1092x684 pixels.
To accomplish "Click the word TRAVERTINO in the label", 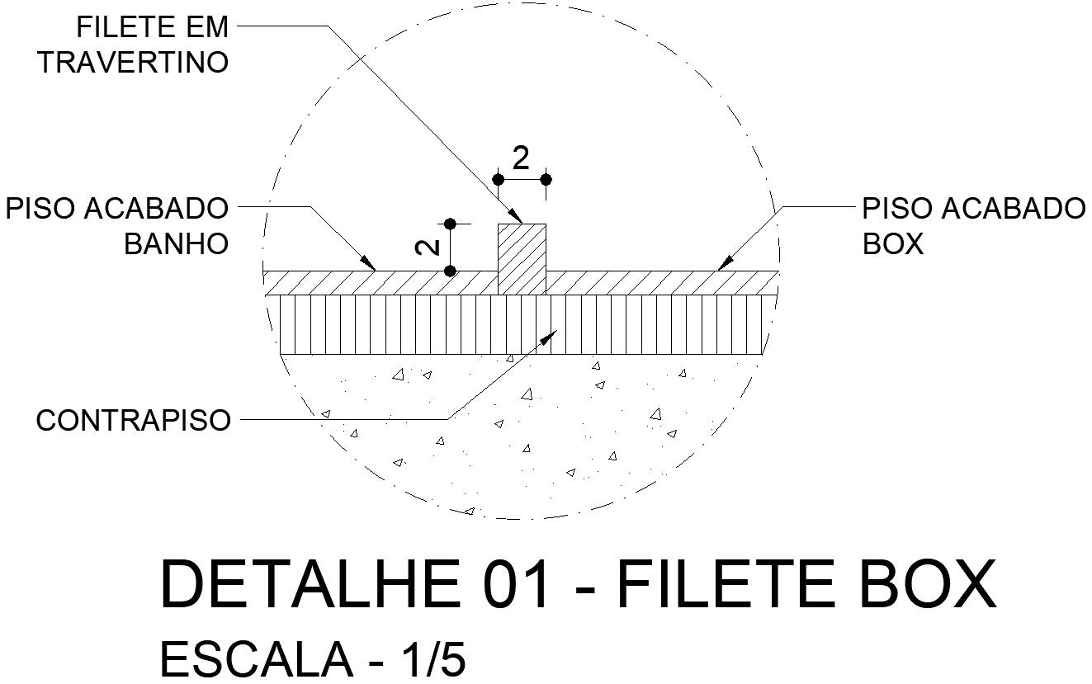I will pyautogui.click(x=133, y=64).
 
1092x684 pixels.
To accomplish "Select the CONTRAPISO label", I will pyautogui.click(x=133, y=421).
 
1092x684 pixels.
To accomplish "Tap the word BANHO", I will pyautogui.click(x=176, y=245).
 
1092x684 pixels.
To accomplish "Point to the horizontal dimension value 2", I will pyautogui.click(x=520, y=158).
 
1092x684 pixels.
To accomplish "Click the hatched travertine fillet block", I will pyautogui.click(x=522, y=258).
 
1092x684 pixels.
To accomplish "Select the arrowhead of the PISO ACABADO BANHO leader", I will pyautogui.click(x=370, y=265).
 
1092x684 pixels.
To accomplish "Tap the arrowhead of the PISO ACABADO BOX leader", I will pyautogui.click(x=724, y=264).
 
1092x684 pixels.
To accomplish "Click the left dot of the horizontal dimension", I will pyautogui.click(x=498, y=179).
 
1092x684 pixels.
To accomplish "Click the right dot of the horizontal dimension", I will pyautogui.click(x=546, y=179).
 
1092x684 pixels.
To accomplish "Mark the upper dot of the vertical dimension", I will pyautogui.click(x=450, y=224).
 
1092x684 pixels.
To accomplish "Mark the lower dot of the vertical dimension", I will pyautogui.click(x=450, y=271).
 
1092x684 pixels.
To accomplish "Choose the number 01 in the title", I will pyautogui.click(x=515, y=584).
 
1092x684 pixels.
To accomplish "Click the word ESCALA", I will pyautogui.click(x=253, y=660).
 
